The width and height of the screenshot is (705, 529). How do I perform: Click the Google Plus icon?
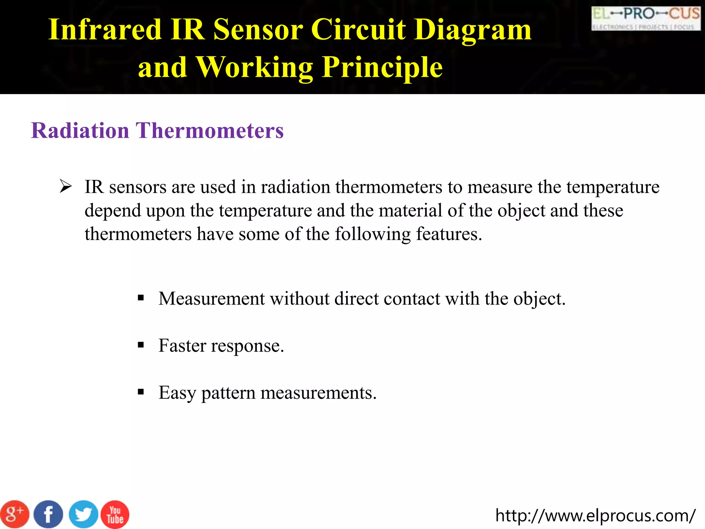tap(14, 515)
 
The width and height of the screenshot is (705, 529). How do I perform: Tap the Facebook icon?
tap(49, 515)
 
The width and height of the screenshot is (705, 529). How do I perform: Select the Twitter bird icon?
tap(83, 515)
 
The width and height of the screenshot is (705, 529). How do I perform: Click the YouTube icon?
tap(115, 515)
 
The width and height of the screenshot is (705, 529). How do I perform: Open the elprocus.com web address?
tap(595, 516)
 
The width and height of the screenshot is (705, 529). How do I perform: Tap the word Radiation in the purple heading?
tap(80, 131)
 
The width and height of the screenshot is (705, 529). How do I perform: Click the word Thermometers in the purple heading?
tap(210, 131)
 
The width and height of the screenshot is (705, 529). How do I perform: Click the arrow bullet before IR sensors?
tap(65, 186)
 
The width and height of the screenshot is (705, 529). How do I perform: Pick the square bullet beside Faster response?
tap(140, 345)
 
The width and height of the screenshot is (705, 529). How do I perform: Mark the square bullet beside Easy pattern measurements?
tap(140, 392)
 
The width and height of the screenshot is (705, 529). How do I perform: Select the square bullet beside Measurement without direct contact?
tap(140, 298)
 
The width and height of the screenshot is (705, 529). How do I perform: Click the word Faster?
tap(182, 345)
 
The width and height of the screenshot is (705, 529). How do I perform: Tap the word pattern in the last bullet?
tap(228, 393)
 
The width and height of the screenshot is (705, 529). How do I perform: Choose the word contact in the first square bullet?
tap(412, 299)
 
